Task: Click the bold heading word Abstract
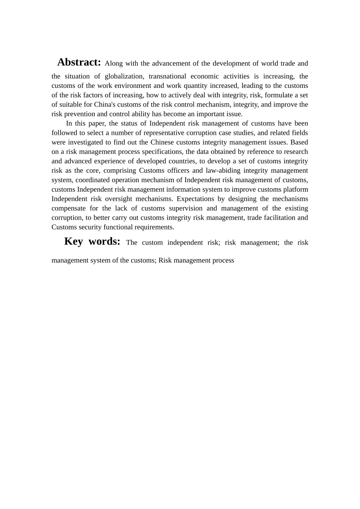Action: coord(79,62)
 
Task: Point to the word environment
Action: coord(133,86)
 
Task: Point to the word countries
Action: coord(181,161)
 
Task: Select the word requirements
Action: coord(155,227)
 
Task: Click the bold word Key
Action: coord(74,241)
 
